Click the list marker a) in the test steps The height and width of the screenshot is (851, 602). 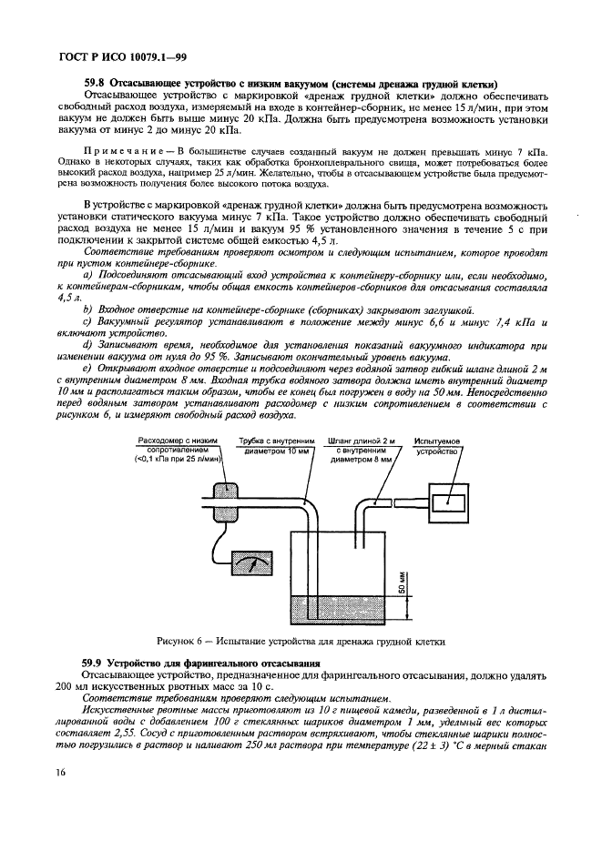pyautogui.click(x=87, y=275)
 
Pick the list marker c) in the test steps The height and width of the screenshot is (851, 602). pyautogui.click(x=87, y=322)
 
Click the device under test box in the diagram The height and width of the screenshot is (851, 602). pyautogui.click(x=446, y=500)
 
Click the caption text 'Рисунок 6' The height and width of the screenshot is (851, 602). pyautogui.click(x=181, y=642)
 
